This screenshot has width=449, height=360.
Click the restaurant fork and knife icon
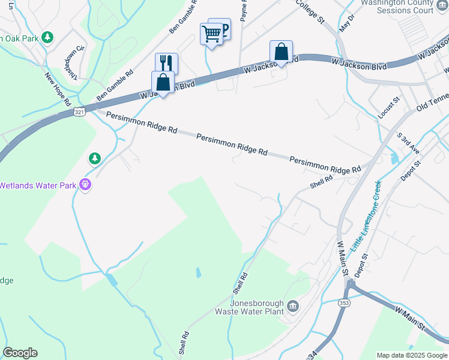[166, 62]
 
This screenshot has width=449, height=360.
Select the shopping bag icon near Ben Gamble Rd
[163, 82]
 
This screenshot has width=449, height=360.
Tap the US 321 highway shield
[80, 112]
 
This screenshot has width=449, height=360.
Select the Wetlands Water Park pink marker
[86, 185]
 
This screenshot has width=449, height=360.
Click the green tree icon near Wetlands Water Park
[94, 158]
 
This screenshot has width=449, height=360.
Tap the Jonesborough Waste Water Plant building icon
[292, 307]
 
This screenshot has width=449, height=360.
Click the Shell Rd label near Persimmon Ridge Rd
[321, 181]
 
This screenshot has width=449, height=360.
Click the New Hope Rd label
[58, 89]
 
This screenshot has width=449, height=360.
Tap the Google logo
[20, 353]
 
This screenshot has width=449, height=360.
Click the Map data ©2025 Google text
[411, 355]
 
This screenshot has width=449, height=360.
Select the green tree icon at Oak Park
[48, 38]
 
